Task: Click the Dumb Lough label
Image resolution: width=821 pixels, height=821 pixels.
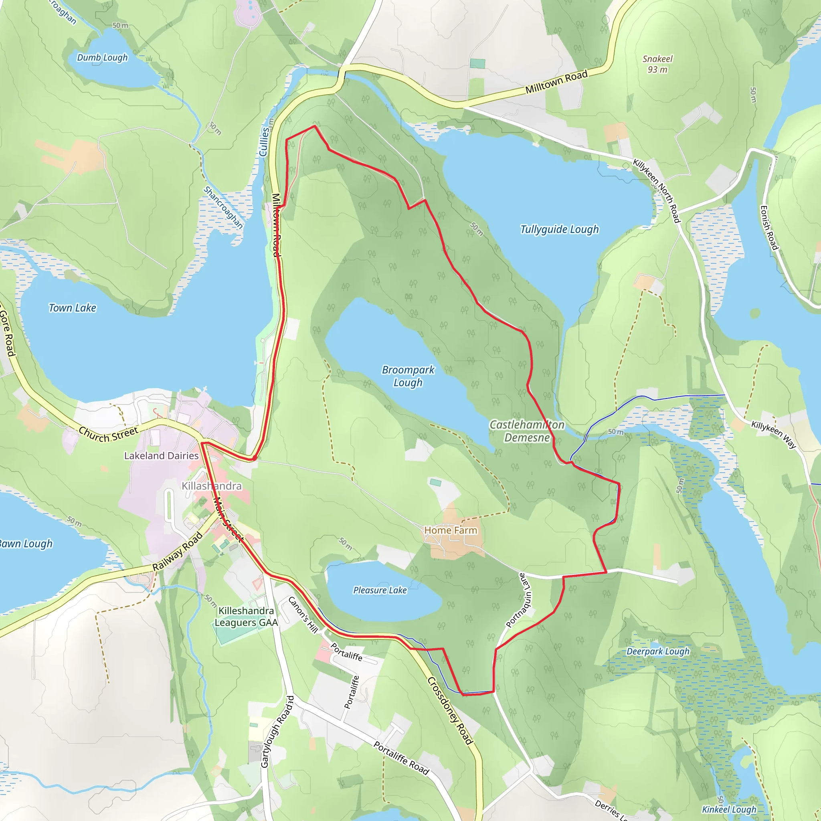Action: click(102, 57)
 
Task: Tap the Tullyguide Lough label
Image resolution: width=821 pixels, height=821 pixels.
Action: click(559, 229)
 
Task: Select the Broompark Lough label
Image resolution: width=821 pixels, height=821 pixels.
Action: click(408, 376)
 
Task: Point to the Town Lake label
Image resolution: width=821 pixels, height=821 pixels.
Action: click(72, 308)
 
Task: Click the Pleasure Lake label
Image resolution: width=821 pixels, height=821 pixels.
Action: click(380, 590)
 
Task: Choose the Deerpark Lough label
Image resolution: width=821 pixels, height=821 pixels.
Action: click(658, 651)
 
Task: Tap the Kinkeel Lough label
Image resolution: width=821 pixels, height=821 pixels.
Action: click(729, 809)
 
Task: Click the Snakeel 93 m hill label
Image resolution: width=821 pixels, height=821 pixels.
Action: click(657, 64)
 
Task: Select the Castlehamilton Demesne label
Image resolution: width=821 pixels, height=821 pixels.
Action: click(527, 431)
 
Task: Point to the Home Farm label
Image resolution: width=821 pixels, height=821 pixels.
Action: click(451, 530)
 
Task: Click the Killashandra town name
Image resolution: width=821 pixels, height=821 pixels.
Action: click(212, 486)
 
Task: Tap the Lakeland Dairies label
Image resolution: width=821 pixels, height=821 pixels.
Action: click(161, 455)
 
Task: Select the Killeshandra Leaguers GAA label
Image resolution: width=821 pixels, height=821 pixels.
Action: click(246, 617)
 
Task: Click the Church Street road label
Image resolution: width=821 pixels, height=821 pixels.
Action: click(108, 434)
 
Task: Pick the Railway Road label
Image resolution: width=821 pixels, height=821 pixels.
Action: click(178, 551)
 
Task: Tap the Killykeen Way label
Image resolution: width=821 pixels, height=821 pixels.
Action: click(773, 434)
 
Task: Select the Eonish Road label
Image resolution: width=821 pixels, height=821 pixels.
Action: click(768, 228)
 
